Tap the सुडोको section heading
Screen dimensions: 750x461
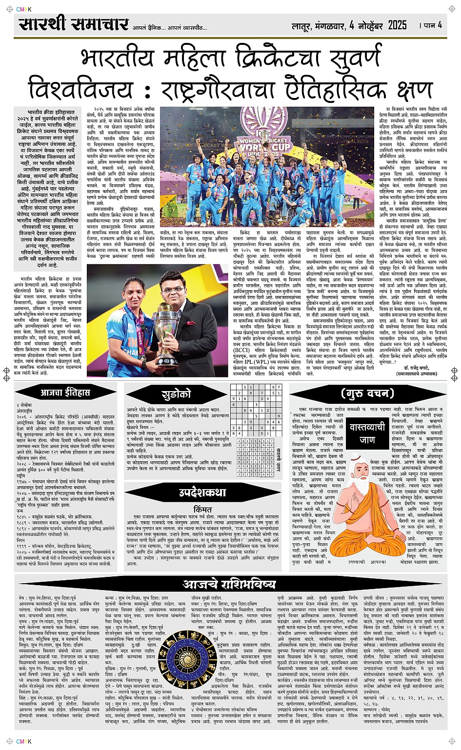click(x=176, y=394)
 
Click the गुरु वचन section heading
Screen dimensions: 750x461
click(x=367, y=393)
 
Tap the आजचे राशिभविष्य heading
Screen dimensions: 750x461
click(x=230, y=584)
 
